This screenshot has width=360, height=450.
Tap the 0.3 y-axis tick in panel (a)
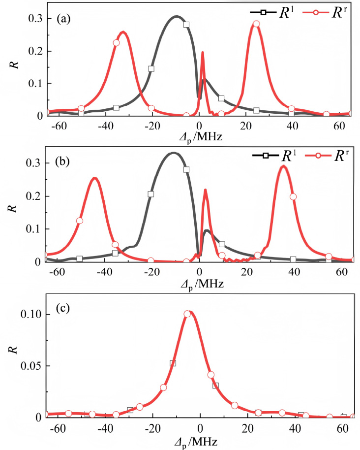pyautogui.click(x=33, y=19)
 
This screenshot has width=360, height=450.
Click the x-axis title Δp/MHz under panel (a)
pyautogui.click(x=199, y=136)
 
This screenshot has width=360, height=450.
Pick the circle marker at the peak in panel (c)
pyautogui.click(x=187, y=314)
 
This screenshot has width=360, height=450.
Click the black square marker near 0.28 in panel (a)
pyautogui.click(x=186, y=25)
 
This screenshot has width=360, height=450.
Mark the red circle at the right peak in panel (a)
pyautogui.click(x=256, y=24)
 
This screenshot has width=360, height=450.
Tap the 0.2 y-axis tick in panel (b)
pyautogui.click(x=33, y=196)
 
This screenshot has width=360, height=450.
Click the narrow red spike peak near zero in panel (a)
pyautogui.click(x=203, y=52)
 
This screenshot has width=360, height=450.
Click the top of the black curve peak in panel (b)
pyautogui.click(x=173, y=153)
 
